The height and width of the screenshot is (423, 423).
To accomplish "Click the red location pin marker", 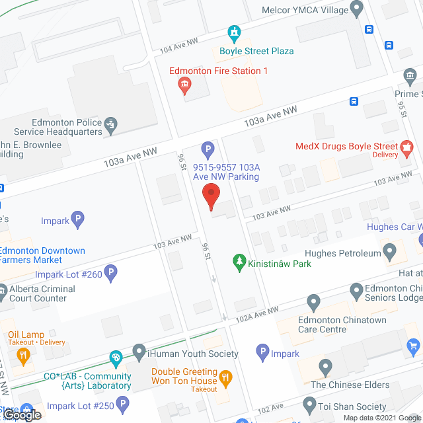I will pos(210,197).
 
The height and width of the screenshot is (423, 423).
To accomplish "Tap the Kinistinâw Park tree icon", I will pos(239,263).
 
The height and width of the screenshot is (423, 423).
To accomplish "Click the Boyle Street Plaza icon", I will pos(233,32).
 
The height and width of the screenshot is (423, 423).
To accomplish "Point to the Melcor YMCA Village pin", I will pos(357,9).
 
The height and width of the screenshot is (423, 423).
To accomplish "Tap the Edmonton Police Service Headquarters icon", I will pos(111,123).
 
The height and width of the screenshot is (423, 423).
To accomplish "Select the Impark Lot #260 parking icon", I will pos(111,271).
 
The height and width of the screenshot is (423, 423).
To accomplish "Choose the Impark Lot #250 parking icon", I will pos(122,403).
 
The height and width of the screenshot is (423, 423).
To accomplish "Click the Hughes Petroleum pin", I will pos(390,252).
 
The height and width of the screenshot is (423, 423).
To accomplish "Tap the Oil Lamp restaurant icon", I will pos(24,358).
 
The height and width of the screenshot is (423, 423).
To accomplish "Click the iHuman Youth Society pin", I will pos(139,352).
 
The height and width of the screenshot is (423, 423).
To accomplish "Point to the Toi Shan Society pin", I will pos(309,403).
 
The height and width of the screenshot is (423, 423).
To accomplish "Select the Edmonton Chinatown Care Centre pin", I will pos(313,303).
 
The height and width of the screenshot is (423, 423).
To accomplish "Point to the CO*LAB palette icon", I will pos(116,360).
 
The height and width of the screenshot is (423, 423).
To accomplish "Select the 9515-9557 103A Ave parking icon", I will pos(208,149).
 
